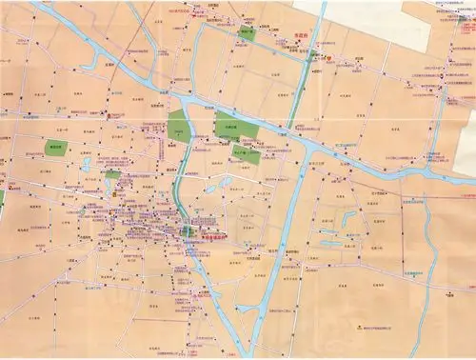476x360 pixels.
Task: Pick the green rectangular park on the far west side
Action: (x=57, y=149)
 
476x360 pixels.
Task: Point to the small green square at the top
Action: (x=247, y=31)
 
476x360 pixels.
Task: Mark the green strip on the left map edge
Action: (x=2, y=199)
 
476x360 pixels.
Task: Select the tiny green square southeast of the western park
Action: (x=112, y=174)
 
